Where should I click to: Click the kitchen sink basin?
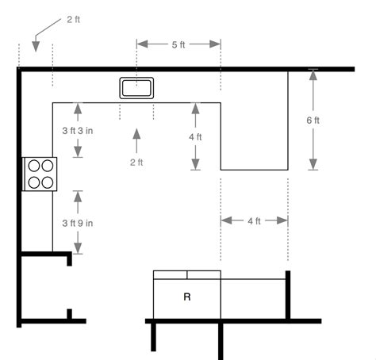click(136, 88)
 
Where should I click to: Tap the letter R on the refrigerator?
click(187, 297)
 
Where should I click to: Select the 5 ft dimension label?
click(178, 44)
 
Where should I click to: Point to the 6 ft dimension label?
click(313, 121)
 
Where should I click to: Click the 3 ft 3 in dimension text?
click(78, 131)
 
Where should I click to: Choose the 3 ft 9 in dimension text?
click(78, 223)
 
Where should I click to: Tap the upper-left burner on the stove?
click(34, 166)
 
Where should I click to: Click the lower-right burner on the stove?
click(48, 182)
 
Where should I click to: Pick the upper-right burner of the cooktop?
click(48, 166)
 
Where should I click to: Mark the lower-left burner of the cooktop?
click(34, 182)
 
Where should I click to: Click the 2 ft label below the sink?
click(136, 162)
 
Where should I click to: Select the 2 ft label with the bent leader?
click(73, 19)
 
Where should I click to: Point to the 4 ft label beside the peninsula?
click(195, 137)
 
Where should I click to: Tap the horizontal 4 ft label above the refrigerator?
click(254, 221)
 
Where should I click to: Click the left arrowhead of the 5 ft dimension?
click(142, 44)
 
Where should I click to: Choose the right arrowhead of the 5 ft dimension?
click(215, 44)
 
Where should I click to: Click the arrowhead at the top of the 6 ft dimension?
click(313, 75)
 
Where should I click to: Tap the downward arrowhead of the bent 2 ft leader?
click(36, 47)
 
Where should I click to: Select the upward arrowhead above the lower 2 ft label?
click(136, 134)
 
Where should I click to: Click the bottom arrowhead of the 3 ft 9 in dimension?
click(78, 248)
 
